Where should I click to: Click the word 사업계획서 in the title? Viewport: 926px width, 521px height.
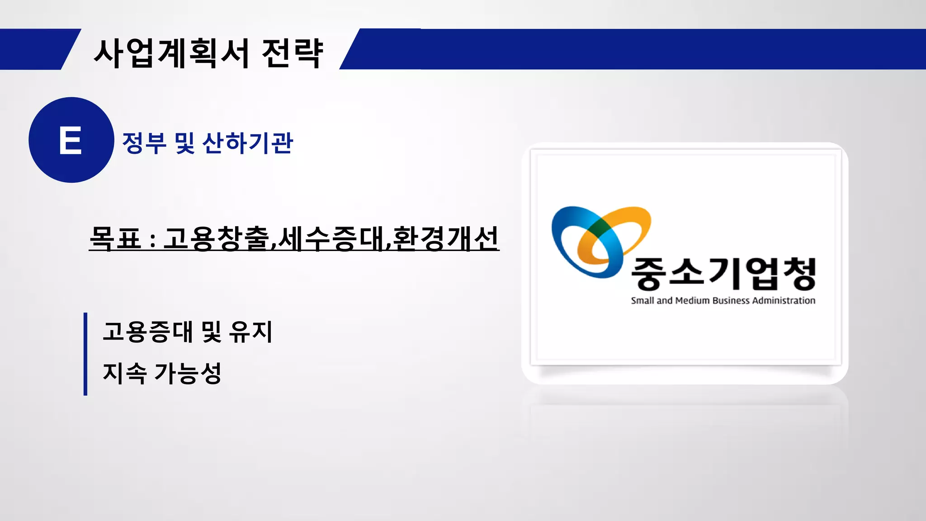(x=171, y=53)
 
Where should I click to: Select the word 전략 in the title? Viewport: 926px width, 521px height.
(x=293, y=53)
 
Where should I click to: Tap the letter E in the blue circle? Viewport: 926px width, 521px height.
(x=71, y=140)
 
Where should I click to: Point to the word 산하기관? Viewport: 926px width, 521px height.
(x=248, y=143)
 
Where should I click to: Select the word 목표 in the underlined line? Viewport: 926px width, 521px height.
(x=115, y=238)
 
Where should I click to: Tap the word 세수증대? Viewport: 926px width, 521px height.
(x=331, y=238)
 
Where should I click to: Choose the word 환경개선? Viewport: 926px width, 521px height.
(x=445, y=238)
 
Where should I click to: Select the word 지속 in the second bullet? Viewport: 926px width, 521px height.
(x=125, y=373)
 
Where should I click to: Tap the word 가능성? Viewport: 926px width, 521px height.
(x=188, y=373)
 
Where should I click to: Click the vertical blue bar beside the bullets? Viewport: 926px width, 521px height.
(x=85, y=354)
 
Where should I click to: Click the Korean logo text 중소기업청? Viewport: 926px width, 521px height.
(x=723, y=273)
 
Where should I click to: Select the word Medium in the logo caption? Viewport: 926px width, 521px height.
(x=692, y=301)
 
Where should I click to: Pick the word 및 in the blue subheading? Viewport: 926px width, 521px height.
(x=184, y=143)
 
